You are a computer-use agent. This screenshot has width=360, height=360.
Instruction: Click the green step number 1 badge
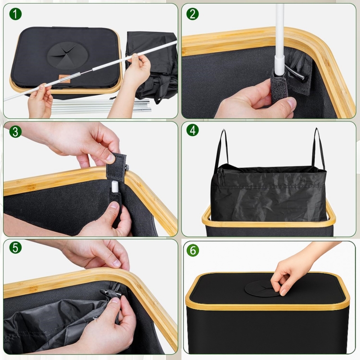(15, 14)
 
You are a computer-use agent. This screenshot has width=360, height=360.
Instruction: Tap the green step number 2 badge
(193, 14)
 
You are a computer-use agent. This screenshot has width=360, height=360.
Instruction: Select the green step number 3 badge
(15, 131)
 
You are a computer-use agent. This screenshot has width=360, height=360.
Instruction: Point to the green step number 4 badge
(193, 130)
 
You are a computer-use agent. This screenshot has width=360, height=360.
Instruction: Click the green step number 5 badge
(15, 248)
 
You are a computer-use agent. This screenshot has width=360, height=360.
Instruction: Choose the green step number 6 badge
(193, 250)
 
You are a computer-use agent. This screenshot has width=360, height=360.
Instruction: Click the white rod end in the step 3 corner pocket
(115, 187)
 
